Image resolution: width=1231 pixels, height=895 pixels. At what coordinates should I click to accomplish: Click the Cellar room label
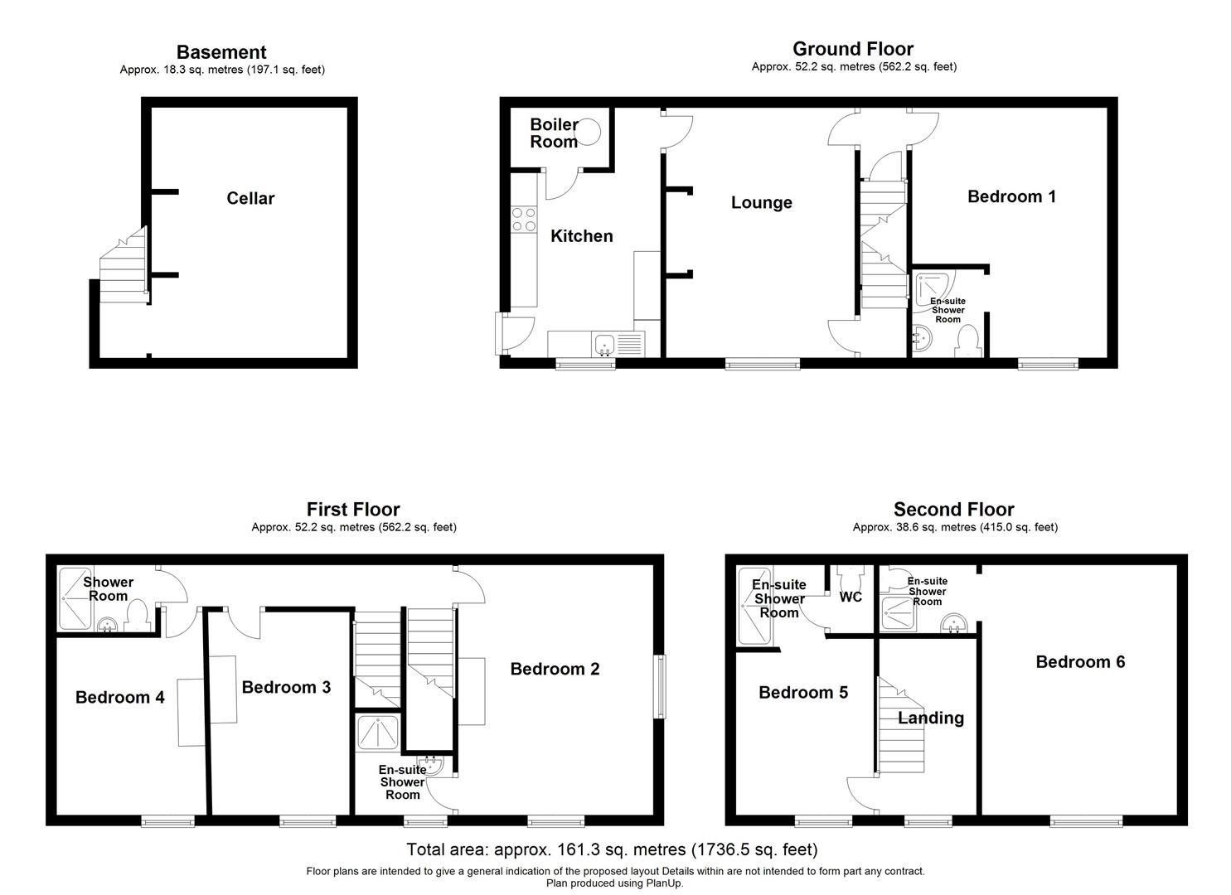coord(250,198)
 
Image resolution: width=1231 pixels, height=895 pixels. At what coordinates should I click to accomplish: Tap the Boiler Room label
coord(554,133)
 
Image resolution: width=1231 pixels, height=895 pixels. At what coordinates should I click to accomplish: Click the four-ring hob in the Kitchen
coord(523,219)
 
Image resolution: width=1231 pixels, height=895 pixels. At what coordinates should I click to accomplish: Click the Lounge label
coord(761,203)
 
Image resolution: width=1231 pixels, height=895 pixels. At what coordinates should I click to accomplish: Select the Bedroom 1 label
coord(1011,196)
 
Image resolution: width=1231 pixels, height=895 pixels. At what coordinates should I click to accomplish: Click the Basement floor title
coord(221,52)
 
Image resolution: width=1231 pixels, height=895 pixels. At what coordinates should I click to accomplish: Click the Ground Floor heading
coord(853,49)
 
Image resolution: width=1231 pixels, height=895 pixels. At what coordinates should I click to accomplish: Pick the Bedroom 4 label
coord(119,697)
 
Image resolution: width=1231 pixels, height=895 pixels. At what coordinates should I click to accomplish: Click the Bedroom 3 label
coord(286,687)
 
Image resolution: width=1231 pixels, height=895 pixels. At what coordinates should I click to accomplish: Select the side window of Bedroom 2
coord(659,687)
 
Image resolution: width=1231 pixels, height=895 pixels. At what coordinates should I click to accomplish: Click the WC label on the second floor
coord(851,597)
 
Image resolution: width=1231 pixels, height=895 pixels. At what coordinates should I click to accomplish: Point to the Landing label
coord(930,718)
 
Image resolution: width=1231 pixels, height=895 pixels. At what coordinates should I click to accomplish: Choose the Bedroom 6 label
coord(1079,661)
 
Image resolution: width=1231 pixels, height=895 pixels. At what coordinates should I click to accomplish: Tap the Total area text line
coord(612,849)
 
